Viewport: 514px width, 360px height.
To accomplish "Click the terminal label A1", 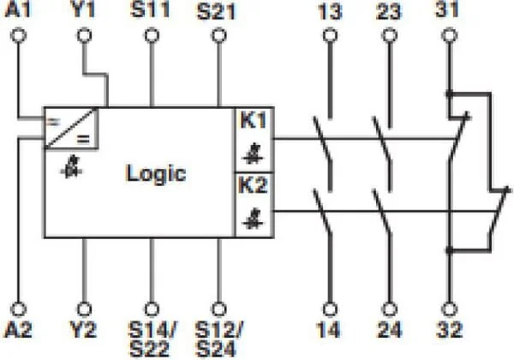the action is coord(18,9).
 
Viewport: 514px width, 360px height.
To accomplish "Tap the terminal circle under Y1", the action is coord(84,35).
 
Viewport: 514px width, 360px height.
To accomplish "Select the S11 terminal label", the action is coord(151,9).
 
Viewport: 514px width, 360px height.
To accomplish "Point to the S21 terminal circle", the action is coord(219,35).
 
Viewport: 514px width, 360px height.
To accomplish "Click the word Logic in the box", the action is coord(156,173).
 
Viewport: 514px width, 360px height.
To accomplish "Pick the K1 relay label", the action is coord(254,120).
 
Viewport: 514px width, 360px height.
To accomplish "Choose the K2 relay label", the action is coord(254,185).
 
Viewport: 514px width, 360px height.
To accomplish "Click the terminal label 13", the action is coord(330,12).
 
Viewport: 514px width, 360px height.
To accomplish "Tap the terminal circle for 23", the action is coord(390,35).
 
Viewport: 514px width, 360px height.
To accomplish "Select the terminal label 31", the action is coord(447,9).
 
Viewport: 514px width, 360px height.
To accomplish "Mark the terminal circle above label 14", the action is coord(330,309).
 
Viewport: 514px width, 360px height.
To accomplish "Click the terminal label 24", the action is coord(390,330).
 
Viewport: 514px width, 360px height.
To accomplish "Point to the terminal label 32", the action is coord(450,330).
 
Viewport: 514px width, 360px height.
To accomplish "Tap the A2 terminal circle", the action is coord(19,309).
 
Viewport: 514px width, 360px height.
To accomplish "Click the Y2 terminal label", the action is coord(84,330).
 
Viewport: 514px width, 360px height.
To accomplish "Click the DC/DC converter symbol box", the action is coord(71,129).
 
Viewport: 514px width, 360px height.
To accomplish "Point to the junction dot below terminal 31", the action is coord(450,93).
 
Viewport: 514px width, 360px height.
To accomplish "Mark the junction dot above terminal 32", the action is coord(450,251).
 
